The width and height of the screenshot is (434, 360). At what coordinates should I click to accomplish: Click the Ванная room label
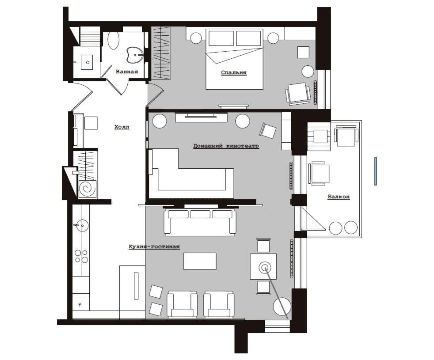click(x=127, y=72)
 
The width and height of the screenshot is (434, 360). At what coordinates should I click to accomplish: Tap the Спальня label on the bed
click(x=234, y=73)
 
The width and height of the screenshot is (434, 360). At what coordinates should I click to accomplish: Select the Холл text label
click(x=122, y=127)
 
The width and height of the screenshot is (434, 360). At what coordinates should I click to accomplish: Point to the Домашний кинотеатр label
click(x=226, y=146)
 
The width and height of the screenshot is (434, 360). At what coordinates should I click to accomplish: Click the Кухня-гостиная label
click(x=154, y=246)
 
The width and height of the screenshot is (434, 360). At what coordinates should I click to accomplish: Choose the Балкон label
click(x=339, y=197)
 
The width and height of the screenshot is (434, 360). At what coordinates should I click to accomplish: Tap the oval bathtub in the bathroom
click(x=113, y=41)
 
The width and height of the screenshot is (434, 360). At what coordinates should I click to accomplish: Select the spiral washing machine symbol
click(x=88, y=189)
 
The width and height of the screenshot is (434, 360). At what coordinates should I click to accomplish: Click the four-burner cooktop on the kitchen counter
click(x=81, y=256)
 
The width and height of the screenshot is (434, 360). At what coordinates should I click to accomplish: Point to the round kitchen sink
click(x=82, y=225)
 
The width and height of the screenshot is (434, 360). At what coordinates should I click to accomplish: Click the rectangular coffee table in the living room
click(x=200, y=261)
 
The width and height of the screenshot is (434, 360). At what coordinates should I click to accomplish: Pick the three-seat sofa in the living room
click(x=200, y=223)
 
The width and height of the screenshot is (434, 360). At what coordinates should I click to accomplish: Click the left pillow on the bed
click(x=221, y=38)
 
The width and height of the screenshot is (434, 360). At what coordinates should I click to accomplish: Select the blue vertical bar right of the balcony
click(x=376, y=171)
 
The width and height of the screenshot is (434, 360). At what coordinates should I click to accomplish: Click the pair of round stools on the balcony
click(x=343, y=227)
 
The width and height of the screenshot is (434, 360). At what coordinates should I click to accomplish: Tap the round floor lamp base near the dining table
click(x=282, y=307)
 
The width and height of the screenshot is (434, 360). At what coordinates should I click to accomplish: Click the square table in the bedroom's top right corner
click(x=303, y=52)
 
